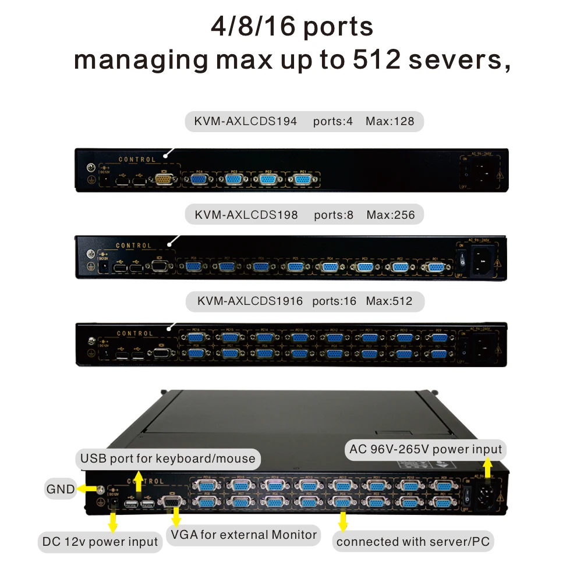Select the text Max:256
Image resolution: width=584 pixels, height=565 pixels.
pos(390,215)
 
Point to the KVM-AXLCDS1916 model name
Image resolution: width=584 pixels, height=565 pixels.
pos(250,301)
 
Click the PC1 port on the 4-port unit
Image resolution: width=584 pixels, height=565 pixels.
pos(303,179)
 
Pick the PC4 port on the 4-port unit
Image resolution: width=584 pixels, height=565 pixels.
pos(199,179)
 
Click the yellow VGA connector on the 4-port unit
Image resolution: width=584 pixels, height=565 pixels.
pos(164,180)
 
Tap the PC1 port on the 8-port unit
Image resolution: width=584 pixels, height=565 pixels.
pos(434,266)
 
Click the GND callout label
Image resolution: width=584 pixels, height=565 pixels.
pos(61,489)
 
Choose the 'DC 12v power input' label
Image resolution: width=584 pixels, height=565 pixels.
pos(100,542)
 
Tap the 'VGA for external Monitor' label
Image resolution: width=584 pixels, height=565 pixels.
pos(243,534)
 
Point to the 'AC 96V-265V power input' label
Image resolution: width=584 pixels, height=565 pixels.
pos(425,449)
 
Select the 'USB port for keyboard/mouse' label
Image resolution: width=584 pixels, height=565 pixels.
pos(168,459)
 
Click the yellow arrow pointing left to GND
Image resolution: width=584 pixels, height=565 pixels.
pos(87,489)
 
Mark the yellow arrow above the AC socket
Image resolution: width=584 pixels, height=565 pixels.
pos(488,467)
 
